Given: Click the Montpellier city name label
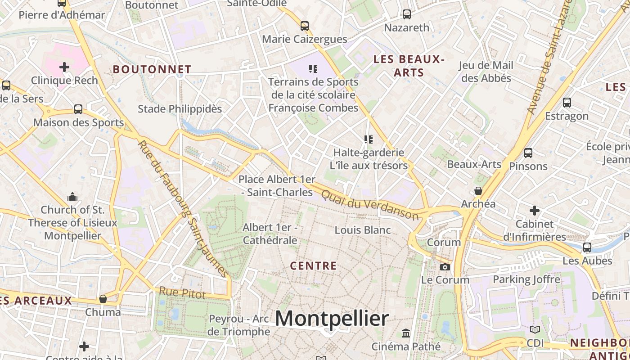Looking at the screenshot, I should [332, 319].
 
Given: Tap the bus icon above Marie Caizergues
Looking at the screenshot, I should [305, 26].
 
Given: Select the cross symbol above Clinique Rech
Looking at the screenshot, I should [64, 67].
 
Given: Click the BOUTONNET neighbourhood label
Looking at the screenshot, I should [152, 69].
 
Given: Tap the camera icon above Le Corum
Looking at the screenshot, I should [445, 267].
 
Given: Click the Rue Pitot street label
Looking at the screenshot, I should [182, 293].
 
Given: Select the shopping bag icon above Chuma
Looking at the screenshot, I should [103, 299].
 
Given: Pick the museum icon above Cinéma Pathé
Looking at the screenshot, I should [406, 333].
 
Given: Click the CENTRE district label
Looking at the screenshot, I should [314, 266].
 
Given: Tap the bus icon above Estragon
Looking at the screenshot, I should [567, 103].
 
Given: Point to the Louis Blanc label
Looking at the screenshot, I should [363, 230].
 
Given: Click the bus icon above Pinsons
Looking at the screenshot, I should [528, 153].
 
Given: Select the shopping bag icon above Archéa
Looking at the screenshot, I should [478, 191].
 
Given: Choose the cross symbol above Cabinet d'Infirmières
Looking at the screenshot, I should [535, 210].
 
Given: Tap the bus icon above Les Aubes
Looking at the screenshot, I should [587, 247].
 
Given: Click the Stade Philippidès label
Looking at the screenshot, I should [180, 109].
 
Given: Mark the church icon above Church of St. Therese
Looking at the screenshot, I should [72, 197].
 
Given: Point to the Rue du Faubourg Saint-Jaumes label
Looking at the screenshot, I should [182, 208].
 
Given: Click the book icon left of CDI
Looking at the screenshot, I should [535, 330].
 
